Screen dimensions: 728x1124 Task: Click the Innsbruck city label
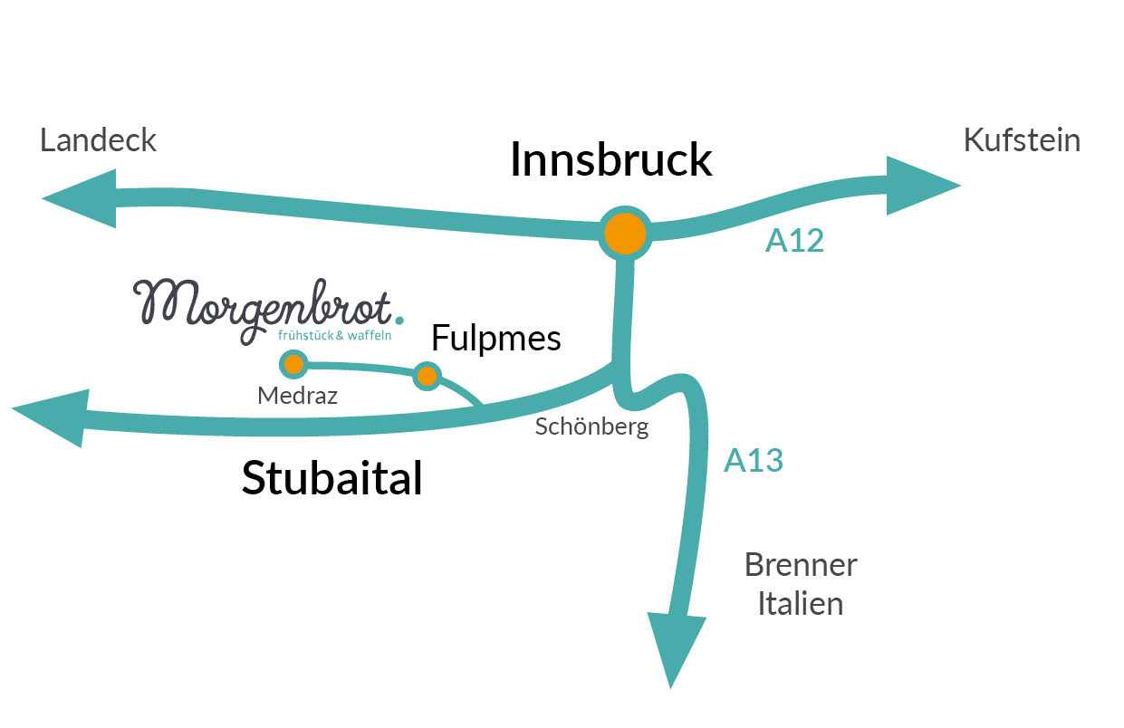610,160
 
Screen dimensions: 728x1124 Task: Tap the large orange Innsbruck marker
625,234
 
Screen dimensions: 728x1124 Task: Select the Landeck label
98,140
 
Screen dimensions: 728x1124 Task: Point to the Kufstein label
1022,140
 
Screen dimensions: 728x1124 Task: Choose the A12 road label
794,240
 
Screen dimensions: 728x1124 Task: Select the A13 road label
753,461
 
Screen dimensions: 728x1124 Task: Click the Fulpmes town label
495,339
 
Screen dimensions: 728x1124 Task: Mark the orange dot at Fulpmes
427,375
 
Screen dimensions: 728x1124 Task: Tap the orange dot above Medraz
293,365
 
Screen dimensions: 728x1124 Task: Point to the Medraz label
297,396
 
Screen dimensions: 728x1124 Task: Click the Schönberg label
591,426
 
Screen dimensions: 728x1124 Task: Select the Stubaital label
331,478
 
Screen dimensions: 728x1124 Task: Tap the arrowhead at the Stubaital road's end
54,417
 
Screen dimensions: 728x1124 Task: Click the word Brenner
801,565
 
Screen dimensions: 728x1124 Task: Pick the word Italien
801,603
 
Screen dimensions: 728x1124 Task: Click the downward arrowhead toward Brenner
676,647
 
